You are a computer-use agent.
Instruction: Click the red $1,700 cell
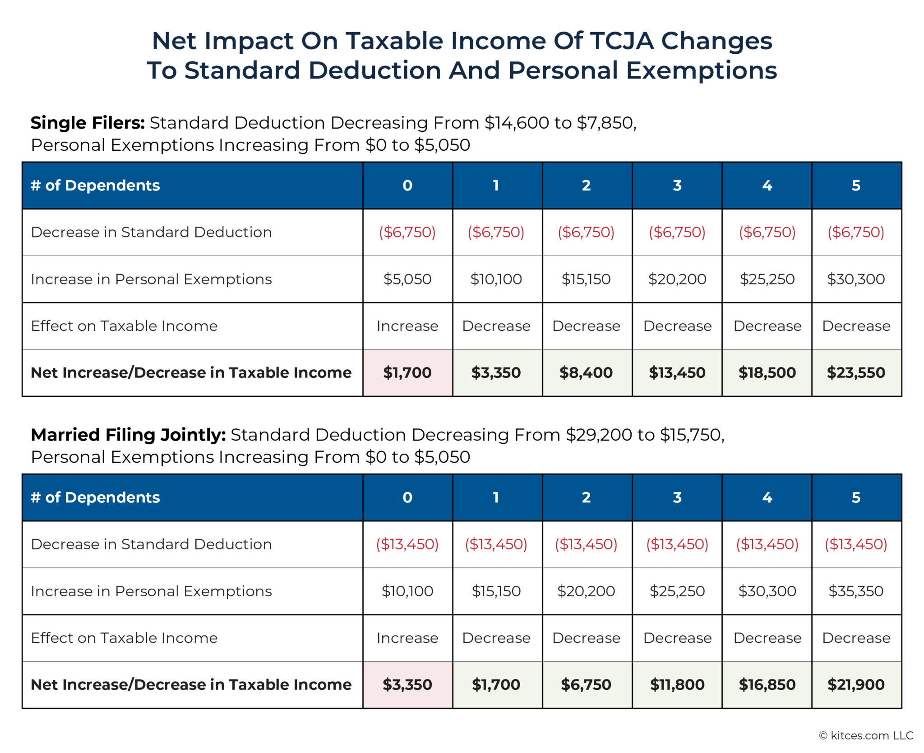(x=407, y=372)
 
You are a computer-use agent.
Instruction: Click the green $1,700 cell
(x=496, y=684)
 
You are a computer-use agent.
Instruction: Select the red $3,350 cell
(x=407, y=684)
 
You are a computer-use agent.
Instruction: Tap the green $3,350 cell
(x=496, y=372)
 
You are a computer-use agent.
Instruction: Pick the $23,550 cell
(x=856, y=372)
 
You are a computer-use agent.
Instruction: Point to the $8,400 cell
(x=586, y=372)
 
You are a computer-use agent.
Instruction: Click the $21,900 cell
(x=856, y=684)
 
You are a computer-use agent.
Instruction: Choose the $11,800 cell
(x=677, y=684)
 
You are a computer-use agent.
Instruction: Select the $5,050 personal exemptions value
(x=407, y=279)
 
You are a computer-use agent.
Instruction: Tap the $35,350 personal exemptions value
(x=856, y=591)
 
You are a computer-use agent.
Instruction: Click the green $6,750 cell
(x=586, y=684)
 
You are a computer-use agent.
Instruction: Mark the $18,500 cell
(x=767, y=372)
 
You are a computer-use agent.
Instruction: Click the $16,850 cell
(x=767, y=684)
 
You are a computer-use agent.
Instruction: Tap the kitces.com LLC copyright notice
(x=866, y=735)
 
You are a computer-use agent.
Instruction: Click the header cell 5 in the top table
(x=856, y=186)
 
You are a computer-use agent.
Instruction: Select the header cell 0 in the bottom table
(x=407, y=497)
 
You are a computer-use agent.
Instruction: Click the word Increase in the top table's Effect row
(x=407, y=326)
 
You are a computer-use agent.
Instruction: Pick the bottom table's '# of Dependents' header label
(x=95, y=497)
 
